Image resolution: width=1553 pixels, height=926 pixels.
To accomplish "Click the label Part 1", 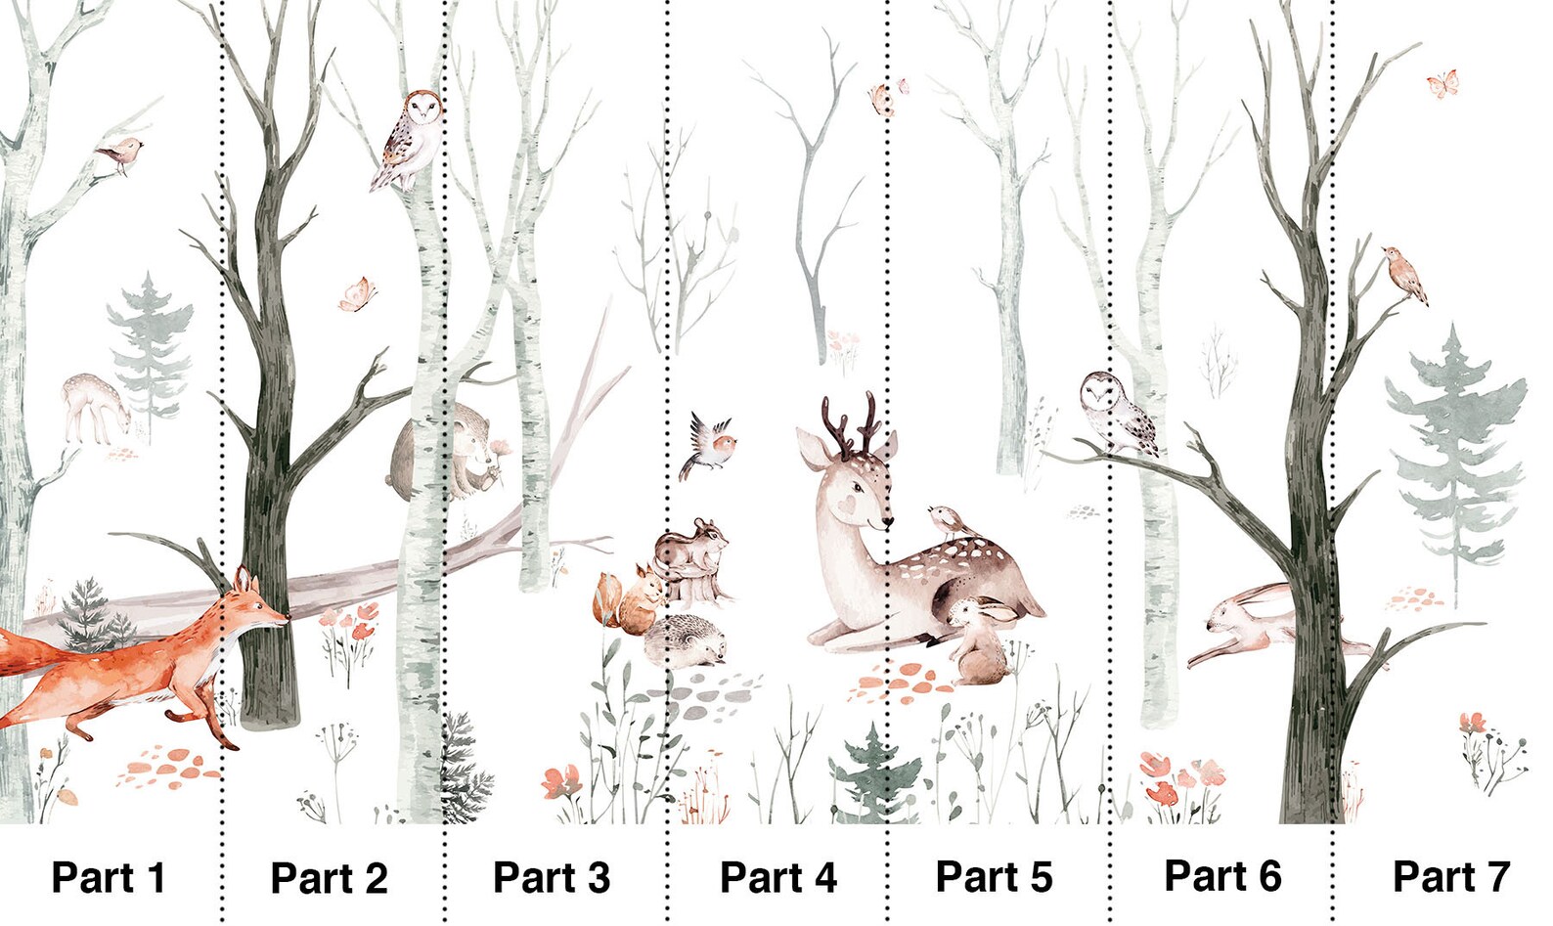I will [108, 877].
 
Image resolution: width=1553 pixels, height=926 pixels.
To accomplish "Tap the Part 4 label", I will [777, 877].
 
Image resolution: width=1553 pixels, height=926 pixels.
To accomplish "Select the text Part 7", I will [1450, 876].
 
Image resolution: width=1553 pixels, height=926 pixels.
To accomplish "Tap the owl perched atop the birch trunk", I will [411, 137].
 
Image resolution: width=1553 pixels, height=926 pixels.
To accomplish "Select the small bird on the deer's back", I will [949, 520].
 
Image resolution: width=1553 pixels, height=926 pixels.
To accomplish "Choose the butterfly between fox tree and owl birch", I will [357, 293].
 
